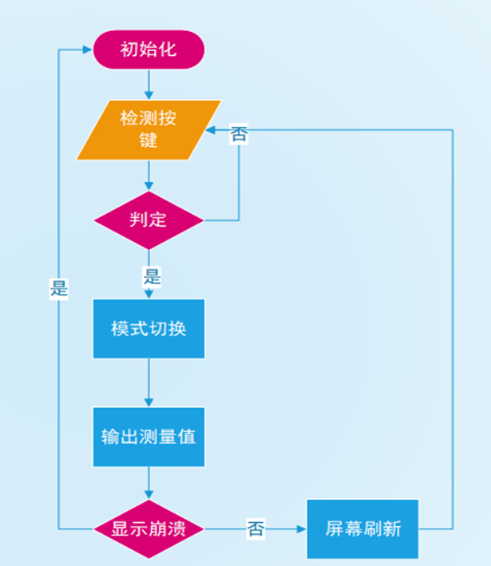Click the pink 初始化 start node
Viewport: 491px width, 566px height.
(x=149, y=49)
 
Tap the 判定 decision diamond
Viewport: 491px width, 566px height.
(x=148, y=220)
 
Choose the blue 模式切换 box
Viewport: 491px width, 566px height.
(x=148, y=328)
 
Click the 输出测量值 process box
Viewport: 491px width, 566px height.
(x=148, y=437)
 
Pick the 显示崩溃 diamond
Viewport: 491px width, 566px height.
(x=148, y=528)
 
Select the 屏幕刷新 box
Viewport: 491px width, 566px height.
(x=362, y=528)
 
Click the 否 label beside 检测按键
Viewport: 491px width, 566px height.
(x=239, y=135)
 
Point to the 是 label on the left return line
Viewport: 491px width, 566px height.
(x=59, y=288)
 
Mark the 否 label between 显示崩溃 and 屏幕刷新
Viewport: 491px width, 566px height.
(x=255, y=528)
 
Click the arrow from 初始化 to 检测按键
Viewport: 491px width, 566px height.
(x=149, y=85)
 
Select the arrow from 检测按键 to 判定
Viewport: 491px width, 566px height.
(x=149, y=176)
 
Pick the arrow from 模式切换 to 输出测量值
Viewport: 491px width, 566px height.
(x=149, y=383)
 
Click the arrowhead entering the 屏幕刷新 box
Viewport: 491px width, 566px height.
(x=302, y=528)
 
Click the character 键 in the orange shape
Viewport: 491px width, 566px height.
(x=148, y=141)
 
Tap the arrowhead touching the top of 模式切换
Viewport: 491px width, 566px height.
(x=149, y=295)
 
